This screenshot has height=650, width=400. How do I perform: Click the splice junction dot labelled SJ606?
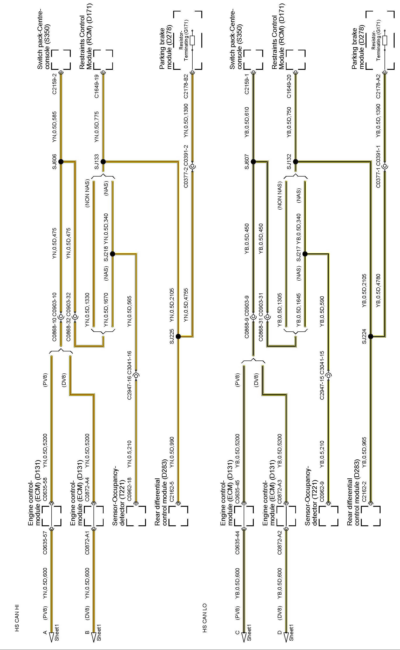tap(61, 162)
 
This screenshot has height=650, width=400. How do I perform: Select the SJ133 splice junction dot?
tap(103, 162)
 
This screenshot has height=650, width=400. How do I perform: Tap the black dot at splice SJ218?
tap(112, 254)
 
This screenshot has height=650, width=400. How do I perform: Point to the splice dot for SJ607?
tap(253, 162)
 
